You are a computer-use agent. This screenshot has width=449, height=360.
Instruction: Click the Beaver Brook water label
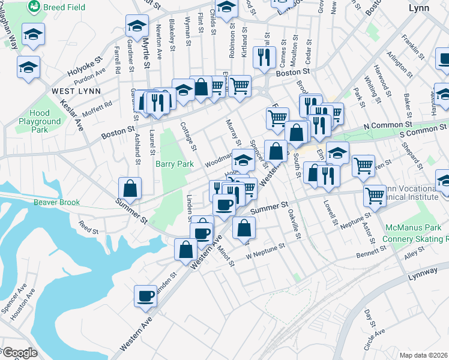click(56, 202)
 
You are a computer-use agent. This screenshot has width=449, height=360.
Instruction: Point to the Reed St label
click(88, 227)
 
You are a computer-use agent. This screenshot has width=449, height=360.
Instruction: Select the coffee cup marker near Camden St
click(146, 295)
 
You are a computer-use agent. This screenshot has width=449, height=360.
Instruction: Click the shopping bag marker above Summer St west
click(130, 187)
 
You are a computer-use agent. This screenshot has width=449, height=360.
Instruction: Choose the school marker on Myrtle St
click(137, 26)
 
